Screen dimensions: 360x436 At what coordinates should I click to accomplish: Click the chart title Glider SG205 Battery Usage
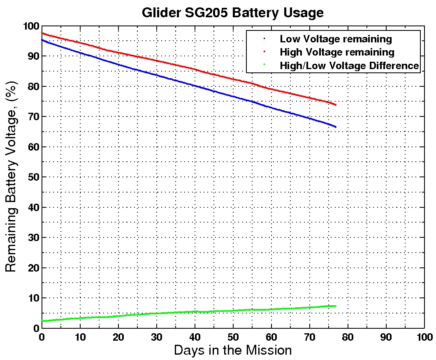click(x=233, y=13)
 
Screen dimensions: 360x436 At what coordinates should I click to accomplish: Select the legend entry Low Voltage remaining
click(x=336, y=39)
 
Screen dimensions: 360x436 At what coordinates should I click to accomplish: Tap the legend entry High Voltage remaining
click(x=337, y=52)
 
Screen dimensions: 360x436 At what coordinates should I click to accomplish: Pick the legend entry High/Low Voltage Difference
click(x=349, y=65)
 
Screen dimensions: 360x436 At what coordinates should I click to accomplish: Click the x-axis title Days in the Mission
click(x=233, y=351)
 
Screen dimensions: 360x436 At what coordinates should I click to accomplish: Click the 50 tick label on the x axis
click(x=233, y=336)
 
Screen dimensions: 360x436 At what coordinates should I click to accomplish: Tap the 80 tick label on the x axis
click(x=348, y=336)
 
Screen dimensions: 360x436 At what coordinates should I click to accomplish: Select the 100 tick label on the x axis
click(x=424, y=336)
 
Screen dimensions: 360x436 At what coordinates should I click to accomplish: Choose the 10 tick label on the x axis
click(x=80, y=336)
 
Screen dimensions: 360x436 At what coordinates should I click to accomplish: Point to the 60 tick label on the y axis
click(x=33, y=147)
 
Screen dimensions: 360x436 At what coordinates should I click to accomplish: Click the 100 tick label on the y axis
click(x=30, y=26)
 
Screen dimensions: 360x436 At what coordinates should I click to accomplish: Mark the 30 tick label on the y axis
click(x=33, y=237)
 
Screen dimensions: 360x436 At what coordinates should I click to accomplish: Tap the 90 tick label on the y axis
click(x=33, y=56)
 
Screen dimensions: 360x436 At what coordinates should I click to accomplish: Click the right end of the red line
click(x=336, y=105)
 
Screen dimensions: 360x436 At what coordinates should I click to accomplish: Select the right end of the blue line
click(x=336, y=127)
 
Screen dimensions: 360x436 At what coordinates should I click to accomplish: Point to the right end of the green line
click(x=336, y=306)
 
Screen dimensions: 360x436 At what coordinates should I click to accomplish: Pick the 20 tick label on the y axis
click(x=33, y=268)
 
